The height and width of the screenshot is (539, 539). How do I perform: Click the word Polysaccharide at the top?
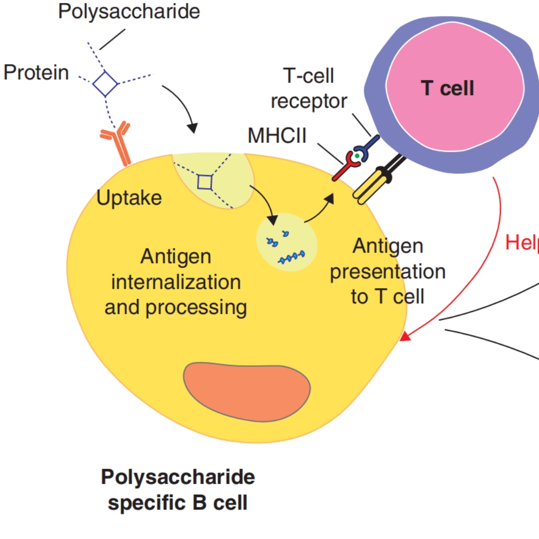click(129, 11)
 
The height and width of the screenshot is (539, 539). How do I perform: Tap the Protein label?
click(36, 73)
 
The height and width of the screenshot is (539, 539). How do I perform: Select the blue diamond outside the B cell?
click(105, 83)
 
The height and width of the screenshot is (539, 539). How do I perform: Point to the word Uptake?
click(129, 198)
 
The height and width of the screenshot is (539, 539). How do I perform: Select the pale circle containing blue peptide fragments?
click(286, 242)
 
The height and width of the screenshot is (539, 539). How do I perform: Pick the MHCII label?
click(277, 136)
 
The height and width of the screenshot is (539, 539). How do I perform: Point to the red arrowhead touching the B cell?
click(406, 337)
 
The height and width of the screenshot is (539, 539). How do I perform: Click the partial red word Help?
click(522, 243)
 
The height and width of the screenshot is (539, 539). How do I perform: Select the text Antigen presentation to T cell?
click(388, 271)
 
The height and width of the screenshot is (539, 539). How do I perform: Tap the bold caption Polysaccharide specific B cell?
click(178, 490)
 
